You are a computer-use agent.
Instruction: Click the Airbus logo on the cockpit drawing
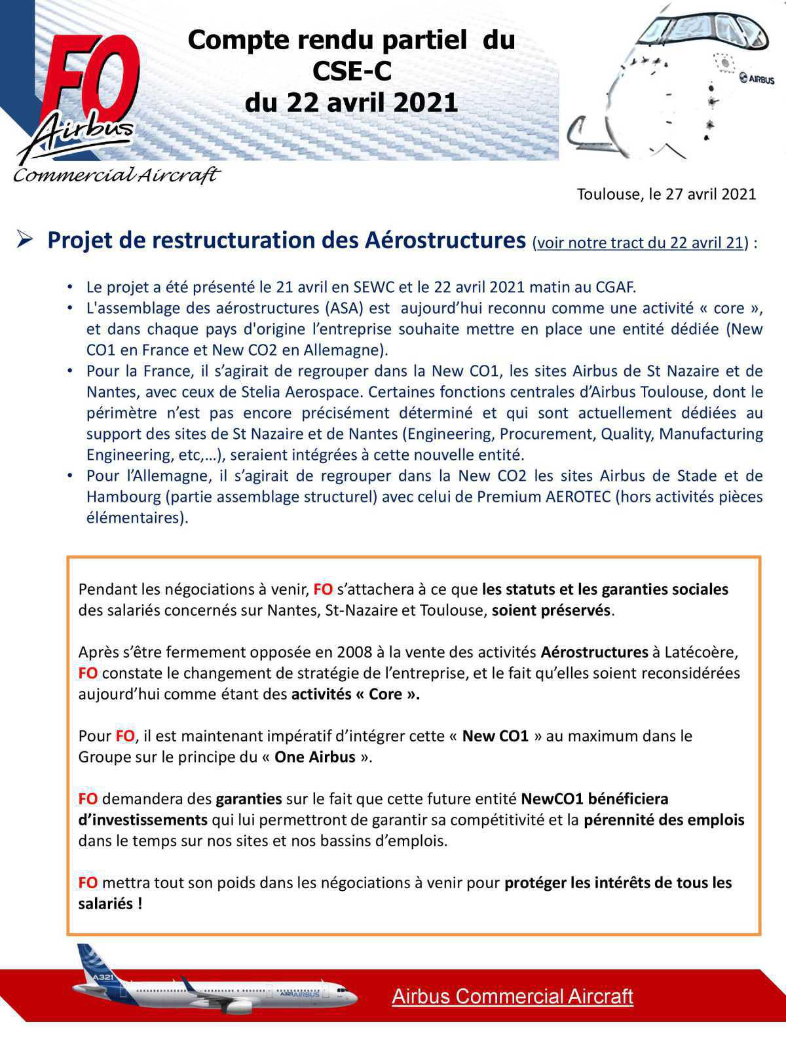click(x=757, y=79)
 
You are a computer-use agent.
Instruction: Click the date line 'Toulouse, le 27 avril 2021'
click(x=666, y=195)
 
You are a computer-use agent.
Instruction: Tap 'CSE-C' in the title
click(x=352, y=71)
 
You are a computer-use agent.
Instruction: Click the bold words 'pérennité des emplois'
click(x=664, y=820)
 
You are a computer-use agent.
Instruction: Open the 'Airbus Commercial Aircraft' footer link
click(x=512, y=997)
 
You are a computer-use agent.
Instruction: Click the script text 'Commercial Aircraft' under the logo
click(x=116, y=176)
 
